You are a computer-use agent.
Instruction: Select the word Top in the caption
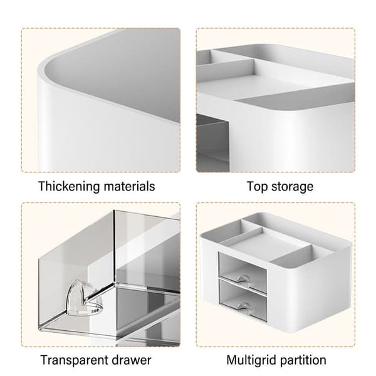click(257, 187)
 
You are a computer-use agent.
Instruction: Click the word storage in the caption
click(292, 187)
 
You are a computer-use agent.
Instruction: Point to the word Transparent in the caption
click(73, 360)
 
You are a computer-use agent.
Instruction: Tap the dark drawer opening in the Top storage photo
click(212, 143)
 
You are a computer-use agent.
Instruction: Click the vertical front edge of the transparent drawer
click(114, 247)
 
